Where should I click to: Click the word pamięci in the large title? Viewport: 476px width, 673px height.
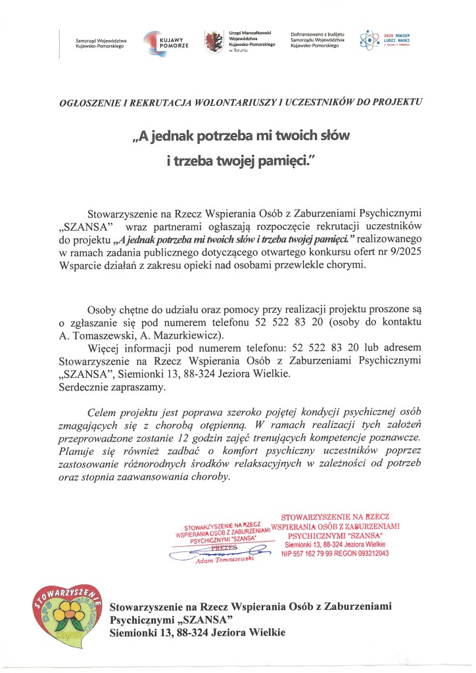(277, 160)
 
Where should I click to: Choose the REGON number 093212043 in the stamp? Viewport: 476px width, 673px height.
(373, 554)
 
